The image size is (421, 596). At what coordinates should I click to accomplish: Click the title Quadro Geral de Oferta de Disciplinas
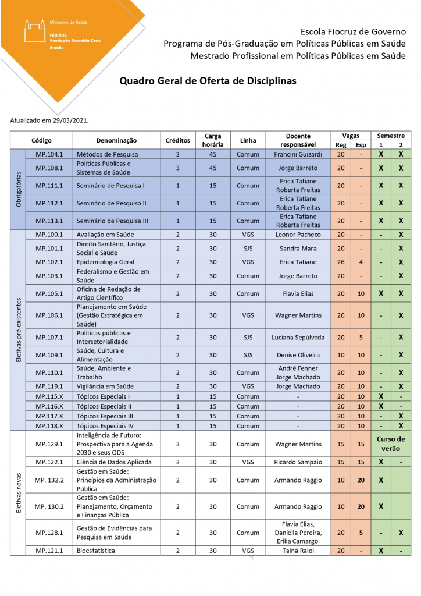(x=208, y=81)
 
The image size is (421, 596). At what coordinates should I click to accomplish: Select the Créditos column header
(x=177, y=140)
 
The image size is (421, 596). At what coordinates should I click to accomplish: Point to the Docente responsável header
(x=298, y=140)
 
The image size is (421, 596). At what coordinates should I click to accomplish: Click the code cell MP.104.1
(x=49, y=154)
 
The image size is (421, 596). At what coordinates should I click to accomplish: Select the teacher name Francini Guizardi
(x=298, y=154)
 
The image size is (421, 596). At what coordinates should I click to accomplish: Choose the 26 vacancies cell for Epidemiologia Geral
(x=341, y=262)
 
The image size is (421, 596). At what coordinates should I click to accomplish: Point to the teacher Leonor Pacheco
(x=298, y=235)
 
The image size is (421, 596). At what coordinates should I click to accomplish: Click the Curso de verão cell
(x=391, y=444)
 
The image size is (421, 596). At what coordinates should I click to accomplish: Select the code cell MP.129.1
(x=49, y=444)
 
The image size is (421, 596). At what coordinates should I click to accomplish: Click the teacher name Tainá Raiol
(x=298, y=550)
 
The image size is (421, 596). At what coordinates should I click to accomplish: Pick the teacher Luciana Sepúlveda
(x=298, y=337)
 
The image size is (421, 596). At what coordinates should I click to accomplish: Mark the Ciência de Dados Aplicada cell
(x=113, y=462)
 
